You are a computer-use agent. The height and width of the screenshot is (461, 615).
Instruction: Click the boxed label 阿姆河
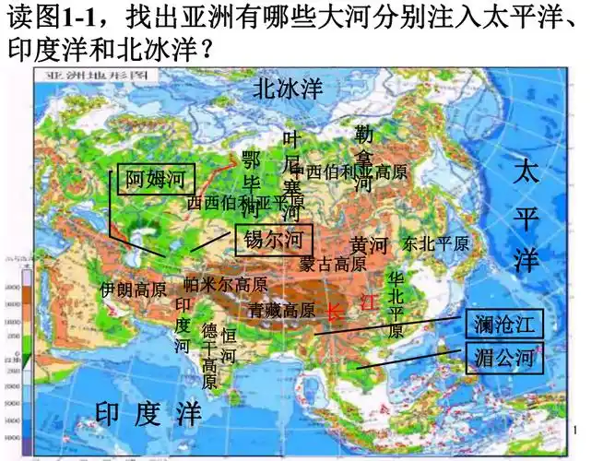156,178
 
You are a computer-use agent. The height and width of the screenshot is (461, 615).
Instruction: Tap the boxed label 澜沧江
504,325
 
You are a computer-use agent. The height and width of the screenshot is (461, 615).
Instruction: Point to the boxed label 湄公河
504,358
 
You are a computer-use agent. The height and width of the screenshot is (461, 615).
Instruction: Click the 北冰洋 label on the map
288,89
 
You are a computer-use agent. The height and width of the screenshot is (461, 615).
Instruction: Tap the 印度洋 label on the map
148,413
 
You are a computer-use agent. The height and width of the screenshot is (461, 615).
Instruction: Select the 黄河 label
369,245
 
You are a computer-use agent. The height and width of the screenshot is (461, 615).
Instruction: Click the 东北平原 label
436,244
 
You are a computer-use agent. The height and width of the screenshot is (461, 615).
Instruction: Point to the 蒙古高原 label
333,264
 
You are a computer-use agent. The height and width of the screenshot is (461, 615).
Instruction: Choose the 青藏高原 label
281,310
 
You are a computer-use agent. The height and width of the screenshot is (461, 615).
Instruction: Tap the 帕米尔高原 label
226,285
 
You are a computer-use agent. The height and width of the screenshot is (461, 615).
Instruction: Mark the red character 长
333,313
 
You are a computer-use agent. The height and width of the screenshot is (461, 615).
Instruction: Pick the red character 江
369,301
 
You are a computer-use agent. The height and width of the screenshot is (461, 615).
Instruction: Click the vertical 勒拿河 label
363,158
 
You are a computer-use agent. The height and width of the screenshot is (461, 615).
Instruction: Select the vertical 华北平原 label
396,305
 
